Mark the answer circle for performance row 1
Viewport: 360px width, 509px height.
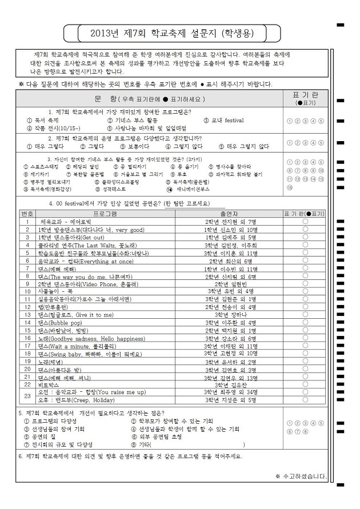305,221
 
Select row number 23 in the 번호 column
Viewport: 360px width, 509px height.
27,412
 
